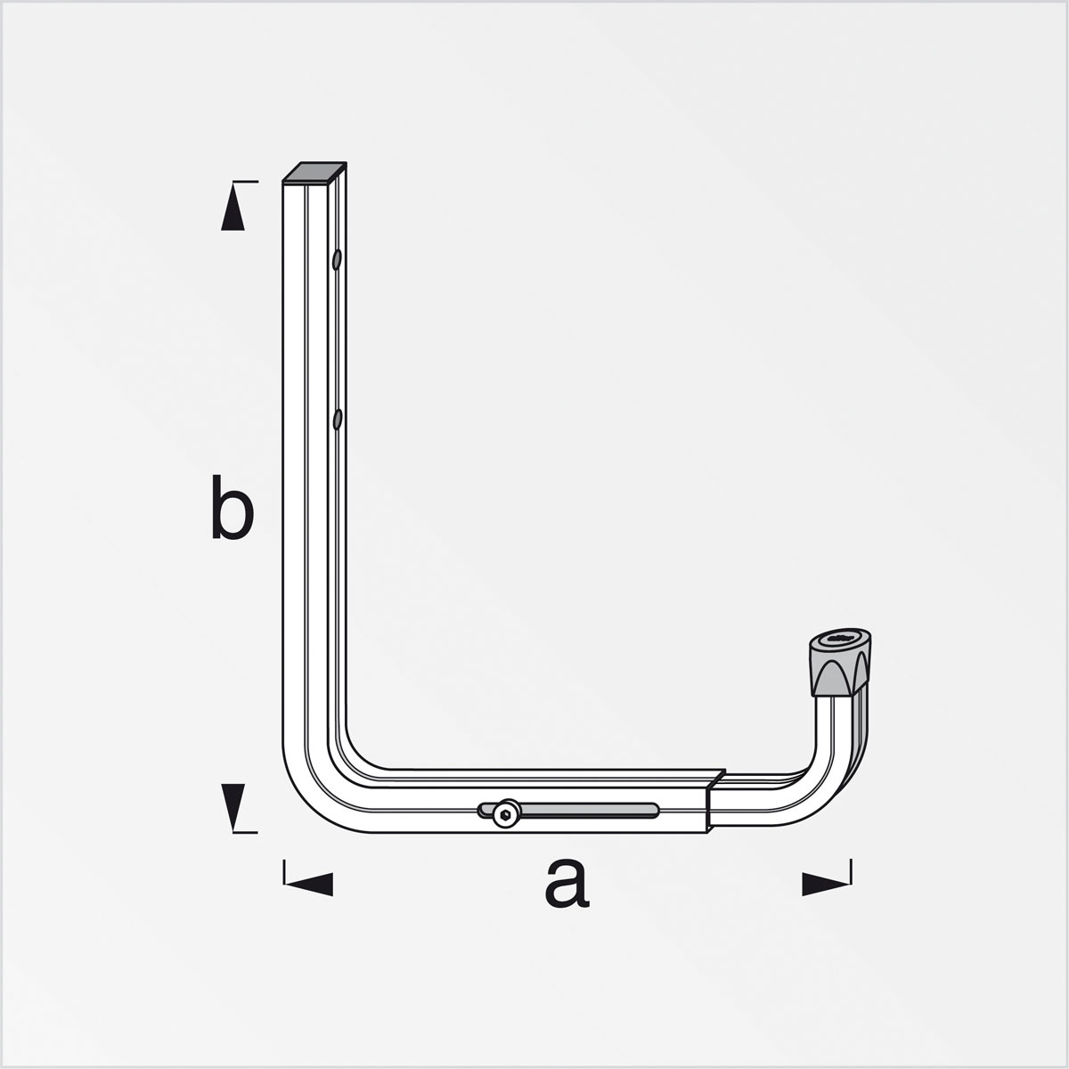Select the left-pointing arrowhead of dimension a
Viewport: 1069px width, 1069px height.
click(x=309, y=883)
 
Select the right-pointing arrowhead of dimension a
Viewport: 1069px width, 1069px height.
click(x=825, y=883)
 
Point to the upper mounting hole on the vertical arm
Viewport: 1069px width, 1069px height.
click(x=337, y=260)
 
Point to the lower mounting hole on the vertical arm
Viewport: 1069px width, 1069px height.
click(x=338, y=419)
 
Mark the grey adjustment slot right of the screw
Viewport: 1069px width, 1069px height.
click(x=588, y=810)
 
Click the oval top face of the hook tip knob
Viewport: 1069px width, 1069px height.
click(x=838, y=640)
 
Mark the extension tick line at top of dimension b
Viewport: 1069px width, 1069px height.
click(x=246, y=182)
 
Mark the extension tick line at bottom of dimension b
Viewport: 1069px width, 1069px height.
click(x=246, y=833)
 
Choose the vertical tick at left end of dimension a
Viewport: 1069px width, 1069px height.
click(x=283, y=872)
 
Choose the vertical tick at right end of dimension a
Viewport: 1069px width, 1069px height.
click(x=851, y=872)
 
